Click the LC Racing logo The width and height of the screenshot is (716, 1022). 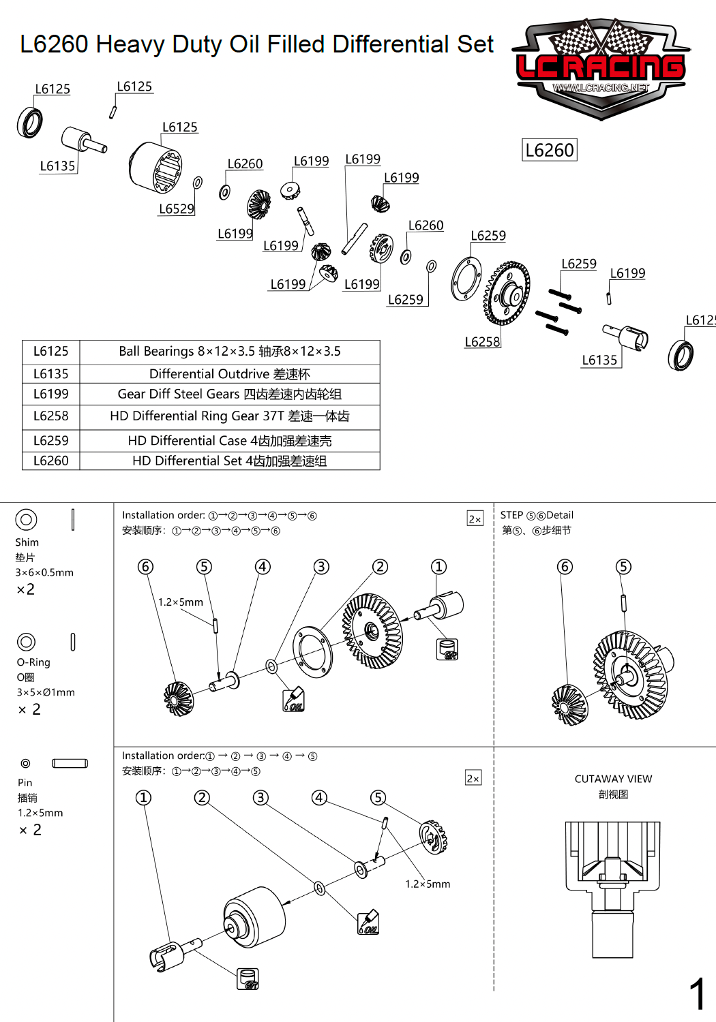(x=601, y=68)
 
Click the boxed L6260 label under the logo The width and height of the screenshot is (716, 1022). (x=550, y=150)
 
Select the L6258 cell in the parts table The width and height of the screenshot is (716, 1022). (x=51, y=416)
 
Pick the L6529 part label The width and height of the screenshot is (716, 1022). (x=177, y=209)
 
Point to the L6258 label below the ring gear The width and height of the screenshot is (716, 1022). (x=482, y=342)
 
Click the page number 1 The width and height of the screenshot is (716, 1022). (x=697, y=994)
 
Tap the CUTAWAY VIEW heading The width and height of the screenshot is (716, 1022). (x=613, y=779)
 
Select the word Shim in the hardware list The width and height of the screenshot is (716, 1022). (x=27, y=542)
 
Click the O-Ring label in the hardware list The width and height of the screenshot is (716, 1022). (x=33, y=662)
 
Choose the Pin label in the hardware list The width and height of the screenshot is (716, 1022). (x=25, y=783)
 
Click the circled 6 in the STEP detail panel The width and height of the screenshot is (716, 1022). (x=565, y=567)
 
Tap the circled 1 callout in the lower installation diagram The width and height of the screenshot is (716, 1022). (x=143, y=798)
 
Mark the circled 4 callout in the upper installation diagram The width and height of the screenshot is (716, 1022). (x=263, y=567)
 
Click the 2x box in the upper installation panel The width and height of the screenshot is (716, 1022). (x=475, y=518)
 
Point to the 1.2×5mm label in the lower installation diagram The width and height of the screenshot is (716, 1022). (x=428, y=884)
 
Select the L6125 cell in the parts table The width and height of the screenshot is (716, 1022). (x=51, y=352)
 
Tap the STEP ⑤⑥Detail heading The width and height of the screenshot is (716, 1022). (x=537, y=515)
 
